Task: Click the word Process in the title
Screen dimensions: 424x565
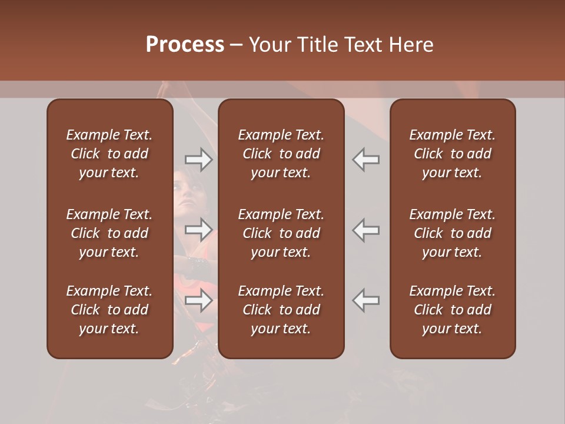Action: coord(185,45)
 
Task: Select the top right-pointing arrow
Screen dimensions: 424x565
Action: coord(198,160)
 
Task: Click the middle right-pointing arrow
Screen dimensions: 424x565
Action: coord(198,229)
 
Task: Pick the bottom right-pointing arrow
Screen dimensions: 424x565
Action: coord(198,300)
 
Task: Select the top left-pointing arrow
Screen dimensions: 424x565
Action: coord(366,160)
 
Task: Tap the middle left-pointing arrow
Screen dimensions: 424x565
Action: coord(366,229)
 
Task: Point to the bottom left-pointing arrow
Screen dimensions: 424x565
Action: coord(366,300)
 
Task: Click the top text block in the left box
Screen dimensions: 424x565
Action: coord(109,154)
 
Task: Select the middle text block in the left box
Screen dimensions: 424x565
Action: coord(109,233)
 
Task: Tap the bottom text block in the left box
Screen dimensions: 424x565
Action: coord(109,310)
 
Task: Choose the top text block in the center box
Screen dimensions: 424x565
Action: coord(281,154)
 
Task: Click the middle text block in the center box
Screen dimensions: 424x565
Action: coord(281,233)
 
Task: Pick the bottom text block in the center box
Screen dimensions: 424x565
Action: coord(281,310)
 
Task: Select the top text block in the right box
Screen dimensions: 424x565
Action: coord(453,154)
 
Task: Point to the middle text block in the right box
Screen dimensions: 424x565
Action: coord(453,233)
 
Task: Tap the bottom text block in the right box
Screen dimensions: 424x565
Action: coord(453,310)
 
